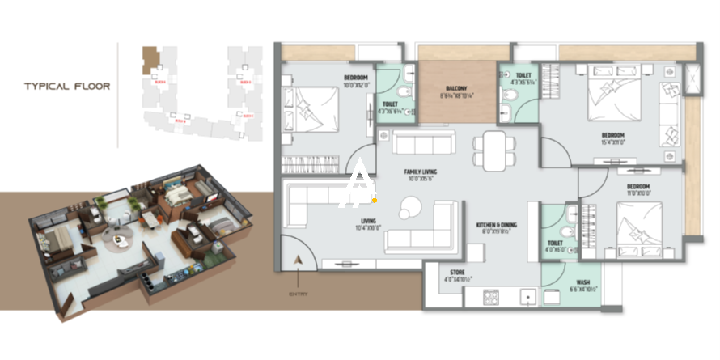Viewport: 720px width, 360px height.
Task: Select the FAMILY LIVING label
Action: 421,172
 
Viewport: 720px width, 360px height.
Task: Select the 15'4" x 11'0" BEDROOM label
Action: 612,138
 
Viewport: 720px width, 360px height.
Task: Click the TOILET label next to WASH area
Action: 555,245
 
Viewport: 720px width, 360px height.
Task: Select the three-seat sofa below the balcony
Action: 424,145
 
